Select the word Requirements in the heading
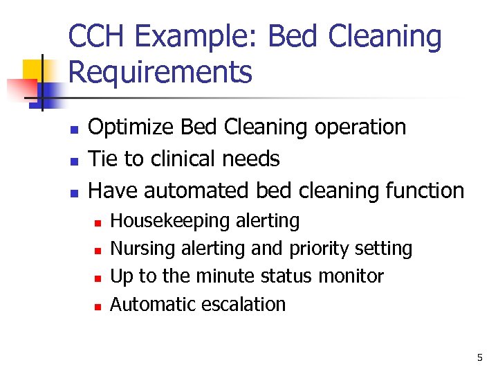click(x=160, y=72)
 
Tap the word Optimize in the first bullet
click(x=132, y=127)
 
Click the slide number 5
click(x=479, y=358)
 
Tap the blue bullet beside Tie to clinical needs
click(x=74, y=161)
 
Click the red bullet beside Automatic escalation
click(x=98, y=305)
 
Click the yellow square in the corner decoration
click(x=33, y=70)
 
